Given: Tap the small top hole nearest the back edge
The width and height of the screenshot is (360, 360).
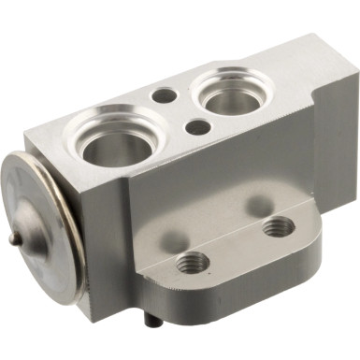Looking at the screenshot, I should pos(164,94).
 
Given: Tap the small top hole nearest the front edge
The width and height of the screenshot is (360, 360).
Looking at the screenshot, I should pos(198,127).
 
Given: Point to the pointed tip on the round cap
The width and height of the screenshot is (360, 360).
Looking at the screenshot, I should pos(11,238).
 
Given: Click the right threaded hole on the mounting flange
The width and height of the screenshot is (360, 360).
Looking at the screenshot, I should pos(278,226).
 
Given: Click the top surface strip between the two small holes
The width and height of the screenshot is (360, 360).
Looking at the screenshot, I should pos(180,110).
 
